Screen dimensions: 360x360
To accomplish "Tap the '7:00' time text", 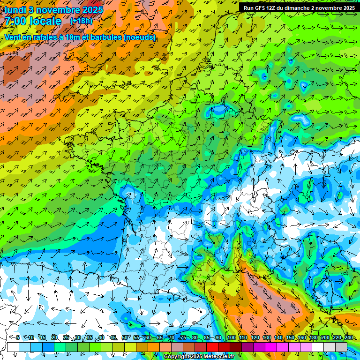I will pyautogui.click(x=15, y=21).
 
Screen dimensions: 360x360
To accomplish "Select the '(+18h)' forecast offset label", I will pyautogui.click(x=81, y=21).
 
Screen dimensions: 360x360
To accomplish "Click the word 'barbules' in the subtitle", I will pyautogui.click(x=103, y=37).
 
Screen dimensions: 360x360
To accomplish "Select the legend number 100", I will pyautogui.click(x=232, y=338).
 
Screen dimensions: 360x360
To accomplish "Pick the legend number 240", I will pyautogui.click(x=349, y=338).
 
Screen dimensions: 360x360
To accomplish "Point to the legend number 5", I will pyautogui.click(x=17, y=338).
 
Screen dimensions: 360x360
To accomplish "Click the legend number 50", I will pyautogui.click(x=124, y=338).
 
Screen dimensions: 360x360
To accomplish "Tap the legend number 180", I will pyautogui.click(x=314, y=338).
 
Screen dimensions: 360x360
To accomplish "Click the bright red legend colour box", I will pyautogui.click(x=212, y=347).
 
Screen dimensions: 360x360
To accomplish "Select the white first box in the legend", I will pyautogui.click(x=13, y=347).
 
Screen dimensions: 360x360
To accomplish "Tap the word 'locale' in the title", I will pyautogui.click(x=44, y=21).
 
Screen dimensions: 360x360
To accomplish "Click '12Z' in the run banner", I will pyautogui.click(x=276, y=8).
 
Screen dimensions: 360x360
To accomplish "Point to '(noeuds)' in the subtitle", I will pyautogui.click(x=140, y=37).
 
